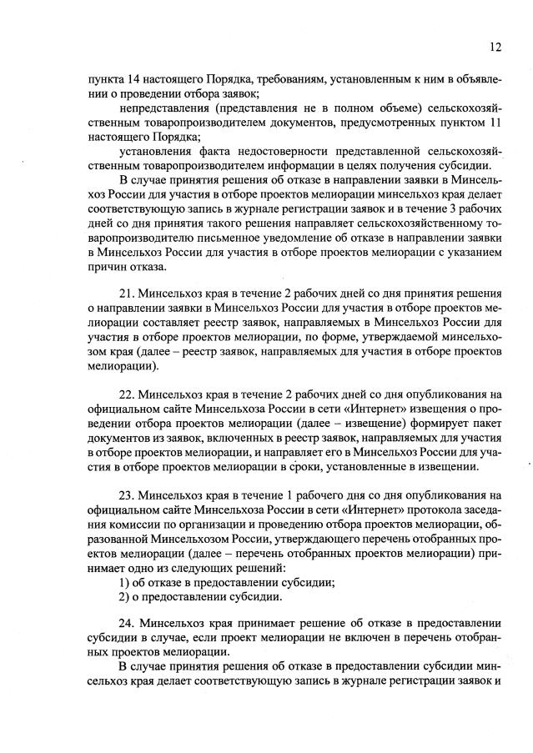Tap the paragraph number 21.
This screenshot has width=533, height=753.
(128, 294)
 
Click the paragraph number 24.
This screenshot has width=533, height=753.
(128, 623)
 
